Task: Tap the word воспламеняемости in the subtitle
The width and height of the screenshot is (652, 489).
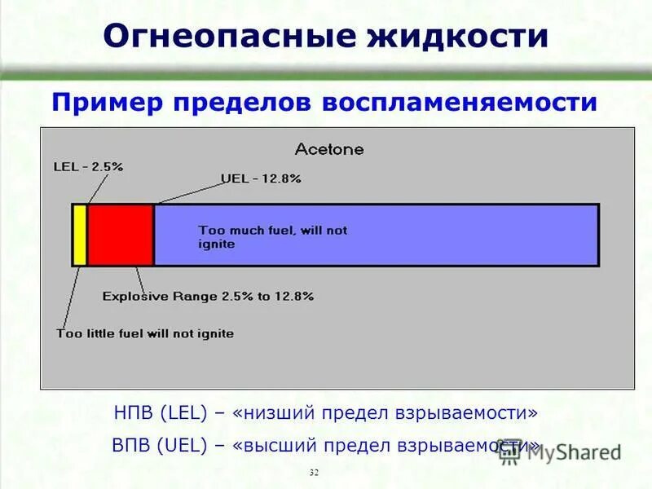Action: coord(461,103)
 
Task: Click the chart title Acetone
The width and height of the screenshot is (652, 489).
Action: coord(329,150)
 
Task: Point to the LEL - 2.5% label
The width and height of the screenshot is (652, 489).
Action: coord(88,165)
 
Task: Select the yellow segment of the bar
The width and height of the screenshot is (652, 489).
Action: coord(80,235)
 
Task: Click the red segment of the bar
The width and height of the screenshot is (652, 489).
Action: coord(121,235)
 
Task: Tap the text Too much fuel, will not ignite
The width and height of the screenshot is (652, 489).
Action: coord(272,236)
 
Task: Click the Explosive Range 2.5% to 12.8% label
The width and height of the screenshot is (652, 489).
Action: coord(208,297)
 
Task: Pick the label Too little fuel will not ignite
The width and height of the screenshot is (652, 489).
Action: coord(145,333)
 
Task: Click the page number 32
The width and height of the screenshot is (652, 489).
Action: coord(315,473)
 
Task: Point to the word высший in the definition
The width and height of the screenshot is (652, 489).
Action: coord(279,445)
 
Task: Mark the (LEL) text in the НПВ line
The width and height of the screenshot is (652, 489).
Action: coord(188,413)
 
